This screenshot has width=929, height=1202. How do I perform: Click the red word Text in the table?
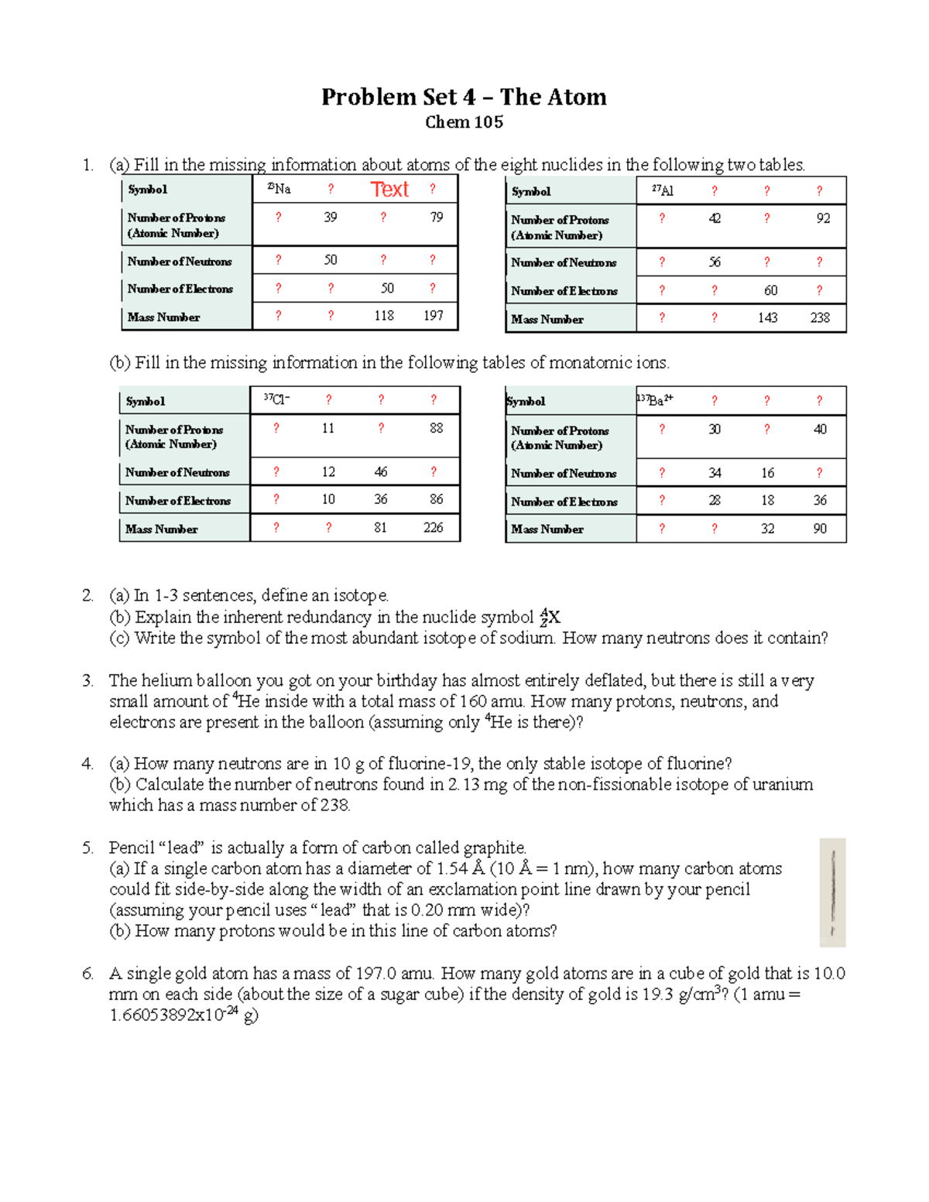tap(389, 190)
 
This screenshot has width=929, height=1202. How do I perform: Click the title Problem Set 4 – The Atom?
tap(464, 97)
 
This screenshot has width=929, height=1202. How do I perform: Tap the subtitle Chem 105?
tap(464, 122)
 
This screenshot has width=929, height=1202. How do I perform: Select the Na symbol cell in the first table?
tap(279, 189)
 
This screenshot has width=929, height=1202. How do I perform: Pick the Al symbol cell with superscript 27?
tap(663, 190)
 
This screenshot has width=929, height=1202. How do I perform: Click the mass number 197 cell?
tap(434, 316)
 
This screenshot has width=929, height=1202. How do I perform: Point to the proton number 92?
tap(823, 218)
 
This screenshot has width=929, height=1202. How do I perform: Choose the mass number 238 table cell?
tap(820, 317)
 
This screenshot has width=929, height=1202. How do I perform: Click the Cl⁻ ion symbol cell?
tap(276, 399)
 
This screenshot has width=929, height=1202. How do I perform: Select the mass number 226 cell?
tap(434, 528)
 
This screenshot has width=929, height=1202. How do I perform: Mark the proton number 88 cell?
tap(437, 428)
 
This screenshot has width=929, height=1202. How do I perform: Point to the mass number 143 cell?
tap(768, 317)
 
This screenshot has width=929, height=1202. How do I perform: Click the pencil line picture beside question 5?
tap(832, 892)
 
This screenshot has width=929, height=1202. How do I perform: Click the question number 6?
tap(87, 974)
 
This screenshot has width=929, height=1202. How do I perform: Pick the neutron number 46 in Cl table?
tap(381, 472)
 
